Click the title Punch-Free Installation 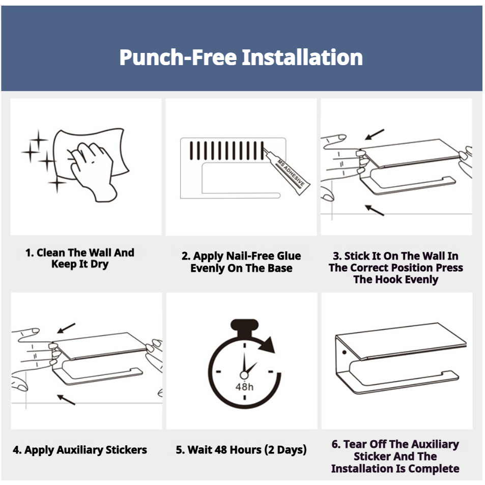click(241, 58)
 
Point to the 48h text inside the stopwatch click(244, 387)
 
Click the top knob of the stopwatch click(244, 327)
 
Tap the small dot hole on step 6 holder click(344, 352)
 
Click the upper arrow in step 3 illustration click(375, 134)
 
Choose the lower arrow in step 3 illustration click(375, 210)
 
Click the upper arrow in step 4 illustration click(66, 328)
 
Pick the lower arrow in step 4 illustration click(66, 400)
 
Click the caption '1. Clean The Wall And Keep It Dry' click(80, 258)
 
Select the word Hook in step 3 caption click(388, 279)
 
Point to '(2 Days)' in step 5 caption click(286, 450)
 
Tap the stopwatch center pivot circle click(244, 375)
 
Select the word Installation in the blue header click(302, 58)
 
